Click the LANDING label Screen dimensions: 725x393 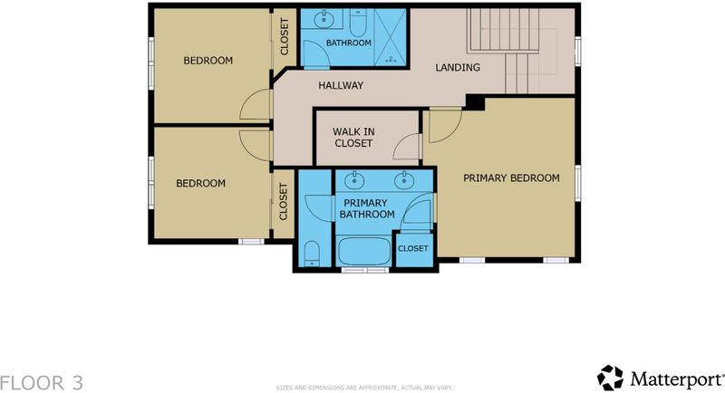click(x=458, y=67)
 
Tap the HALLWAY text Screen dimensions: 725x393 click(x=341, y=85)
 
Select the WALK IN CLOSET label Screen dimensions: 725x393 click(x=353, y=138)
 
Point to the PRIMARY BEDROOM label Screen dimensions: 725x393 click(x=511, y=177)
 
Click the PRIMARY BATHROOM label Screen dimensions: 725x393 click(x=367, y=209)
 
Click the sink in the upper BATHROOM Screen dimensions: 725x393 click(x=324, y=19)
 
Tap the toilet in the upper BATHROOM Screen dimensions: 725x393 click(x=358, y=22)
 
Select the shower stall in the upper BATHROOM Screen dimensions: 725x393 click(x=391, y=37)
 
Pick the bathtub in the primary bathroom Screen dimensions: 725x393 click(x=364, y=251)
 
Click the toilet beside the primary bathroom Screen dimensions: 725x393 click(x=312, y=253)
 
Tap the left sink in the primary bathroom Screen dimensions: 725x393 click(x=354, y=179)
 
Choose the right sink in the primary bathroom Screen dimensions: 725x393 click(x=404, y=179)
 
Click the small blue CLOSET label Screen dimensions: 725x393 click(x=413, y=248)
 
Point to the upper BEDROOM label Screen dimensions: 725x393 click(x=208, y=61)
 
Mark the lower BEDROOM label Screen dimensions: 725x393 click(x=200, y=183)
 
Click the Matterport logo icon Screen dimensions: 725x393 click(x=610, y=378)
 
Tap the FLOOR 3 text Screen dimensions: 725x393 click(x=42, y=383)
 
